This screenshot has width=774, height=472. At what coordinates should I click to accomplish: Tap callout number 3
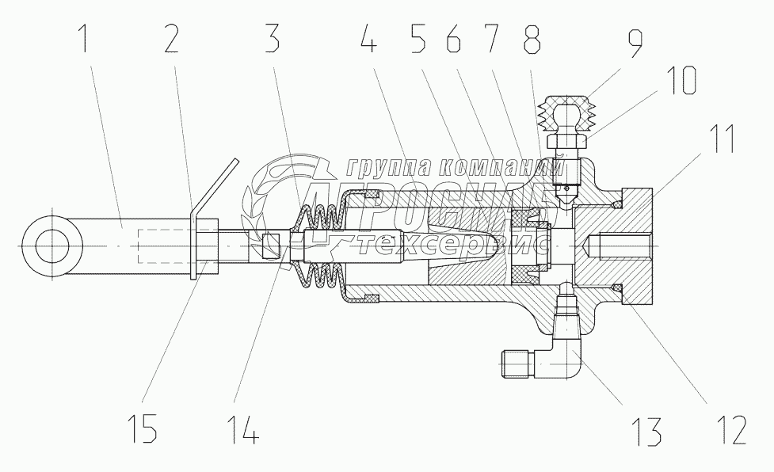pos(272,37)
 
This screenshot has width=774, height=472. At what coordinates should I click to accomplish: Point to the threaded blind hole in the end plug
pos(614,245)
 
